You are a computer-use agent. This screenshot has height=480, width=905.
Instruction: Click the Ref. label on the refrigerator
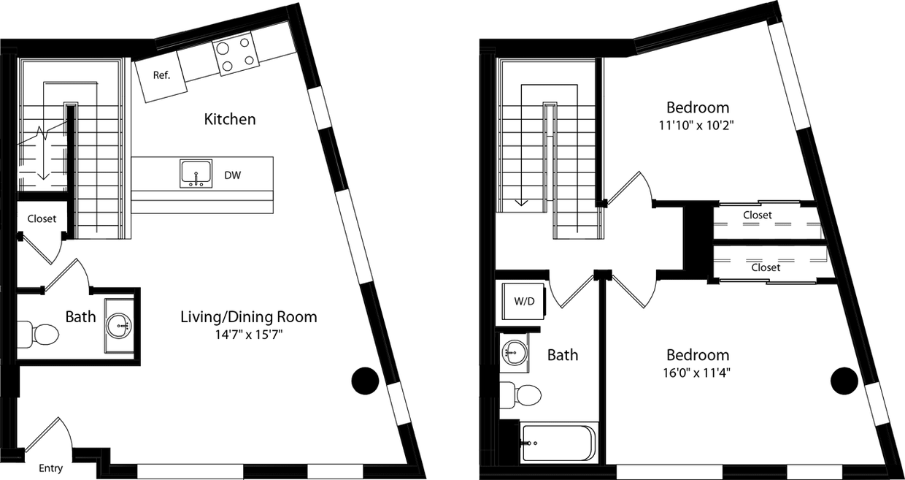point(161,75)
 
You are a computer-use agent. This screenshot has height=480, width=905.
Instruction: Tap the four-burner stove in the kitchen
point(236,54)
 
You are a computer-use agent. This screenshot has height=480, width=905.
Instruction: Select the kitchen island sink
point(196,174)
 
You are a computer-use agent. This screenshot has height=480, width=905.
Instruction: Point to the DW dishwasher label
point(233,175)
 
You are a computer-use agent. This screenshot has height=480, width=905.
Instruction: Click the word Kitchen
point(229,119)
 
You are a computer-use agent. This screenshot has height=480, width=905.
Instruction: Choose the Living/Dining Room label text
point(248,316)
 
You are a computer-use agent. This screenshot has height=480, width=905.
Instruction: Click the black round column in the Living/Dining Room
point(365,379)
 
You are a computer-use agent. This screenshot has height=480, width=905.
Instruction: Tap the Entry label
point(51,468)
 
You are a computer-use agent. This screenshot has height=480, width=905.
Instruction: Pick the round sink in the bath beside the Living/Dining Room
point(118,323)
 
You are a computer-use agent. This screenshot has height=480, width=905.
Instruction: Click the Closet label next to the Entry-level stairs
point(42,218)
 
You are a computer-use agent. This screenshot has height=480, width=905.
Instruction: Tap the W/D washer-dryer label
point(525,300)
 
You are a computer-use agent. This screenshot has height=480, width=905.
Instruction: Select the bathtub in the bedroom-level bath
point(559,441)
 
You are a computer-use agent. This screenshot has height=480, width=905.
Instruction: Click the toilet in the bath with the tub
point(523,395)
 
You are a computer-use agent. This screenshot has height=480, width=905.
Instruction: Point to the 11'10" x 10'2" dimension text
point(696,124)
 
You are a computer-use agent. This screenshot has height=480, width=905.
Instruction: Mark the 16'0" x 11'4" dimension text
point(697,372)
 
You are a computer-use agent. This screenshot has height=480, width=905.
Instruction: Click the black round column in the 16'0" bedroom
point(844,380)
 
